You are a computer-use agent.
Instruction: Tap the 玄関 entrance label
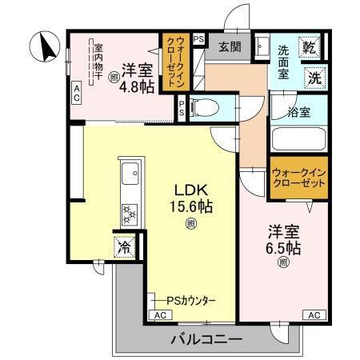229,46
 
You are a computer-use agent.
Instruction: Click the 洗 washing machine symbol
315,78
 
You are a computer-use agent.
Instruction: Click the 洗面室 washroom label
288,62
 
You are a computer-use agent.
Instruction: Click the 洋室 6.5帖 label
283,240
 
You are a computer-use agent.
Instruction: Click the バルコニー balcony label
206,340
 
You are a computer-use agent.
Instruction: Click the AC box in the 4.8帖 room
77,93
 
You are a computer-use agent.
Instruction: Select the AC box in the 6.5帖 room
314,315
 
